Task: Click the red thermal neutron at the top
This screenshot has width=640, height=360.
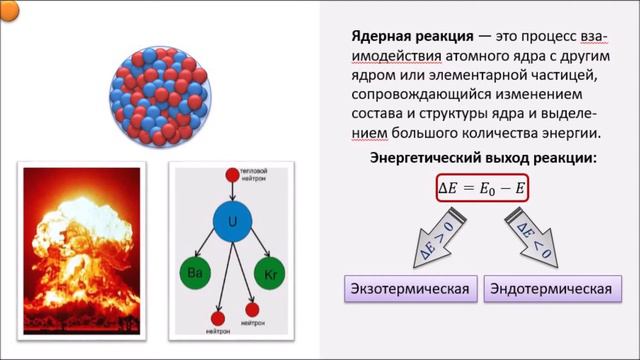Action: (231, 175)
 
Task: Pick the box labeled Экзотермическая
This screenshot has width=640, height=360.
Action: (409, 290)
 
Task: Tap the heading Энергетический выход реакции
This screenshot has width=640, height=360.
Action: (484, 158)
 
